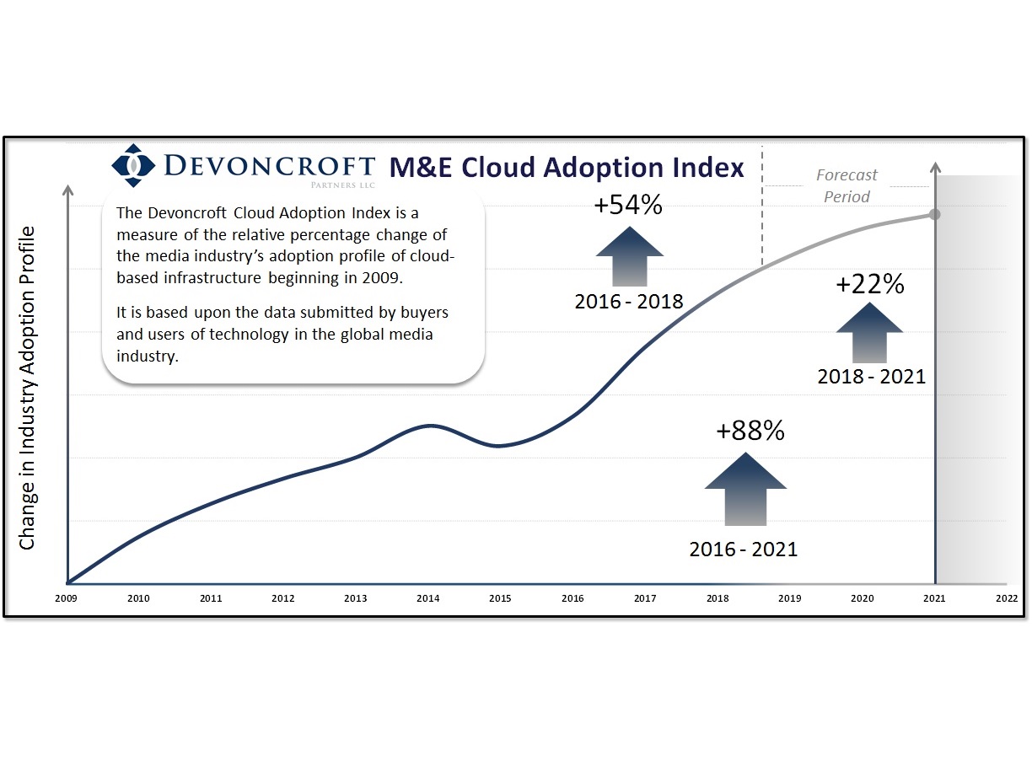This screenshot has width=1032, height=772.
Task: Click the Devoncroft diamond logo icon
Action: click(133, 165)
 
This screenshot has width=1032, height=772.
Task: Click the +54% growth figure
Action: click(628, 205)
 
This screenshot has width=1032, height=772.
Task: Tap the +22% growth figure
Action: click(870, 284)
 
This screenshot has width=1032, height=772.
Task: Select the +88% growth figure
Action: click(750, 431)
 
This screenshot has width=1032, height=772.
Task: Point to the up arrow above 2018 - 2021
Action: click(870, 332)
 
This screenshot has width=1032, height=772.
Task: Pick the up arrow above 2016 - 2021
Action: click(745, 489)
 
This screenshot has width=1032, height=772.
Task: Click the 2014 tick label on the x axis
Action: click(427, 598)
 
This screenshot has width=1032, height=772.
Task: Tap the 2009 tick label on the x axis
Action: click(67, 598)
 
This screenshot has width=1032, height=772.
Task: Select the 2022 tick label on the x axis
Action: click(1006, 598)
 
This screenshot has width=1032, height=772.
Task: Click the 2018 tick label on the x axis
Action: click(718, 598)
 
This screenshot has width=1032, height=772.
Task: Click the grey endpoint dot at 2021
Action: click(934, 214)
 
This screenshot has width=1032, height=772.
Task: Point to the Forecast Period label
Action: click(847, 185)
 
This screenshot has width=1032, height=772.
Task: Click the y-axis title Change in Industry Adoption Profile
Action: click(28, 388)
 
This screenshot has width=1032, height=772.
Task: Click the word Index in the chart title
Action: click(705, 167)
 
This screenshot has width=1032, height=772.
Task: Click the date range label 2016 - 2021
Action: click(743, 550)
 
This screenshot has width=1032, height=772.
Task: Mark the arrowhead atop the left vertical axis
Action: click(67, 186)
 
